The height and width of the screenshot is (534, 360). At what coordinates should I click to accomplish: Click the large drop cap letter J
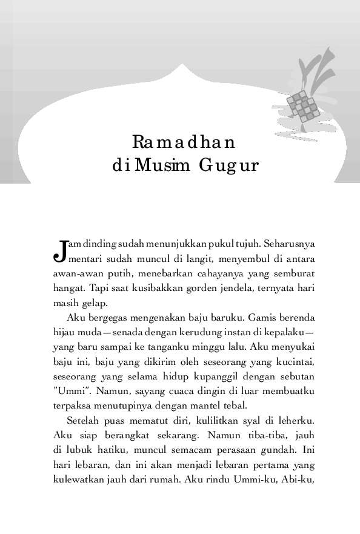point(59,250)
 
